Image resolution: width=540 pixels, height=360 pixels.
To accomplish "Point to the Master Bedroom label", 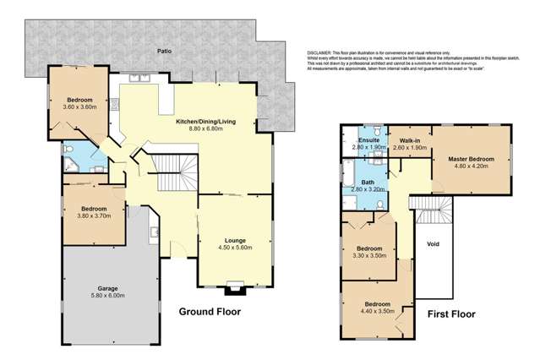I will [471, 158].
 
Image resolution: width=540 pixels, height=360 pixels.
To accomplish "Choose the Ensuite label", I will [368, 140].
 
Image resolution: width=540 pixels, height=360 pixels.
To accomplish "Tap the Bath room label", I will [368, 182].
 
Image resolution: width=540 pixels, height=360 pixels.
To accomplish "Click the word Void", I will [434, 244].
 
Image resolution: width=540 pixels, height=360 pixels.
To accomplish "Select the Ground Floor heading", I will [210, 312].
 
